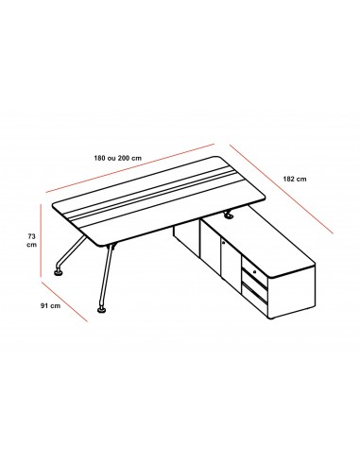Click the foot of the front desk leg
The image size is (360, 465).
click(x=101, y=308)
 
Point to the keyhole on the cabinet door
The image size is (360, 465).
click(x=222, y=242)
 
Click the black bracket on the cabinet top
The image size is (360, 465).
click(x=228, y=215)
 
